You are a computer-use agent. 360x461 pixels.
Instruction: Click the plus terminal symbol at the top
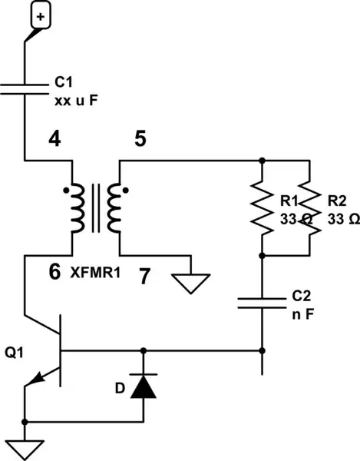click(41, 15)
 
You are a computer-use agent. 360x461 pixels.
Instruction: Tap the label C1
click(64, 82)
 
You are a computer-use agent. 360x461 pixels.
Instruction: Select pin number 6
click(54, 271)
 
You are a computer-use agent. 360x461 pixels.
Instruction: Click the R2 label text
click(335, 201)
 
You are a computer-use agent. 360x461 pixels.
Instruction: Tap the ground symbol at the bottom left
click(25, 446)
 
